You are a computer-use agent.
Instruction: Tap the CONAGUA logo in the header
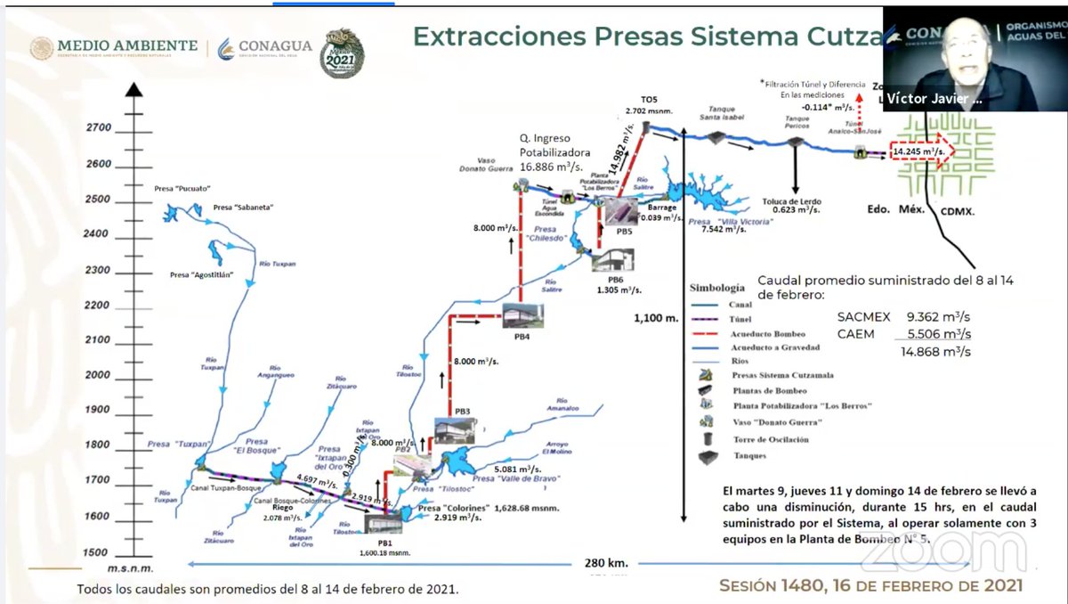point(263,46)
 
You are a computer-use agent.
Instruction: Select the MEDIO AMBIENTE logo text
point(126,46)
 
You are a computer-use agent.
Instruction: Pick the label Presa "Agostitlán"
point(201,275)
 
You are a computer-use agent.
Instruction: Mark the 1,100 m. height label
point(656,317)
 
